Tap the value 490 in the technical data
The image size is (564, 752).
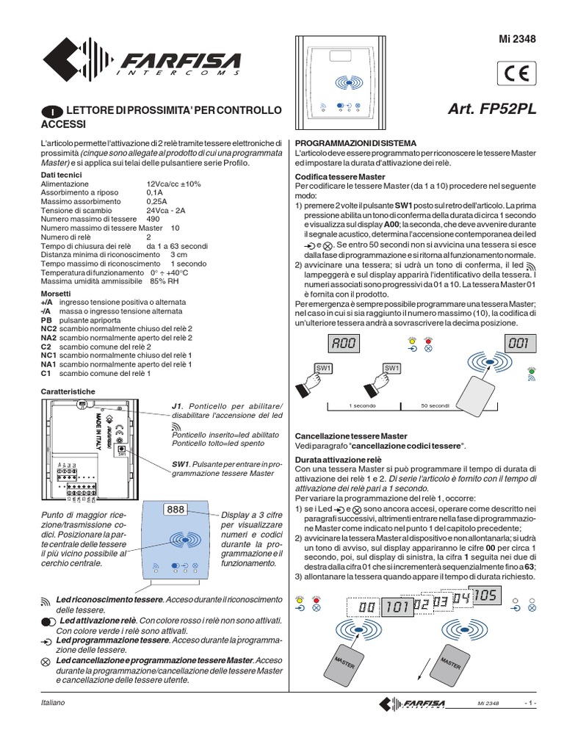[x=153, y=220]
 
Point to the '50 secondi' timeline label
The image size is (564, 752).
[x=435, y=405]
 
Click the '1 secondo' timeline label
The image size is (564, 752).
[x=361, y=405]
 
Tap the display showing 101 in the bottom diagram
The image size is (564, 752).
[x=397, y=607]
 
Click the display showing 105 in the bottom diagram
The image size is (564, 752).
[x=486, y=595]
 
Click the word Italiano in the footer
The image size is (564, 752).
[x=53, y=703]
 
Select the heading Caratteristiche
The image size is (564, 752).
[x=68, y=391]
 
